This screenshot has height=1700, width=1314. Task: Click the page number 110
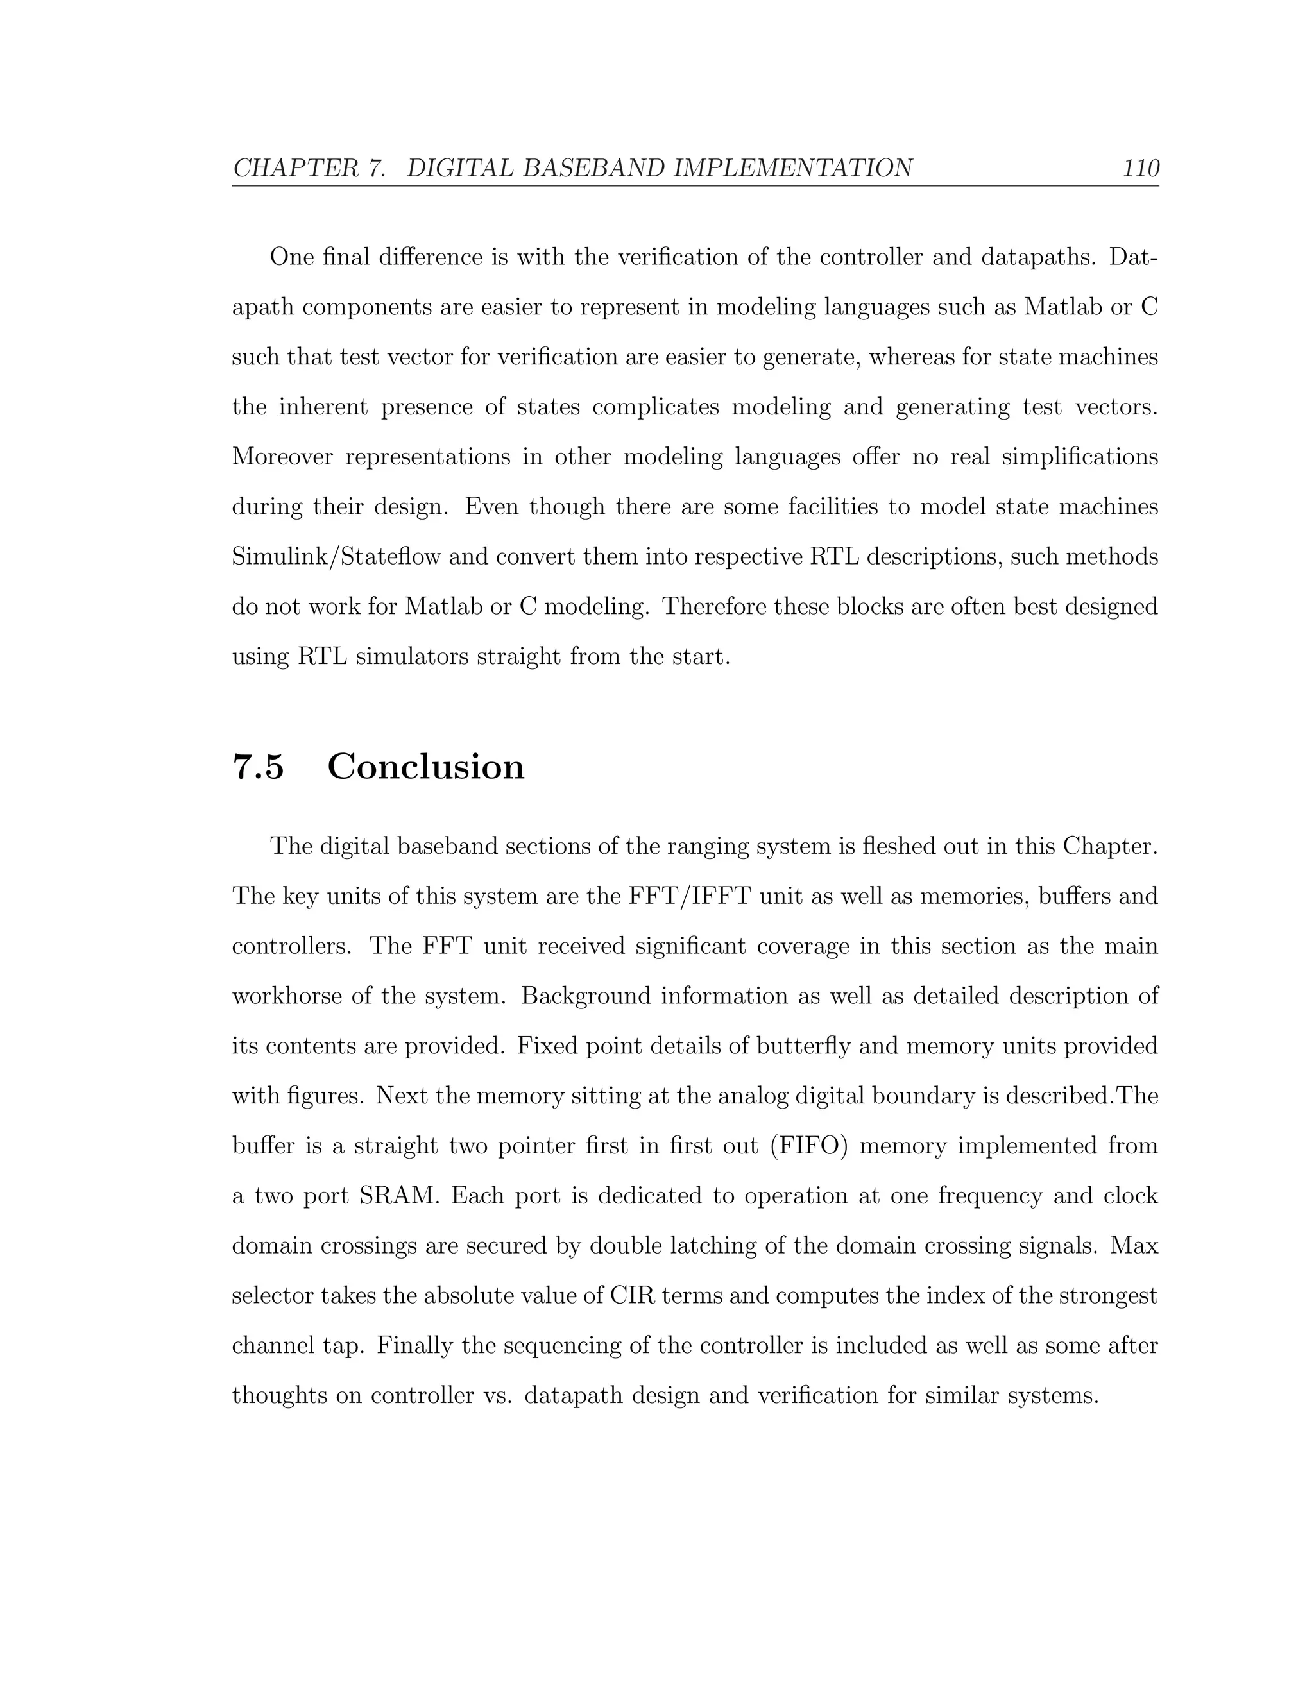(1140, 168)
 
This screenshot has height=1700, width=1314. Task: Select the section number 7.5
(259, 767)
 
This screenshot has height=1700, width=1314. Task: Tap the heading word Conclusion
(426, 767)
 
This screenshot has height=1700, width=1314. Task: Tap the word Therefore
(719, 607)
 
